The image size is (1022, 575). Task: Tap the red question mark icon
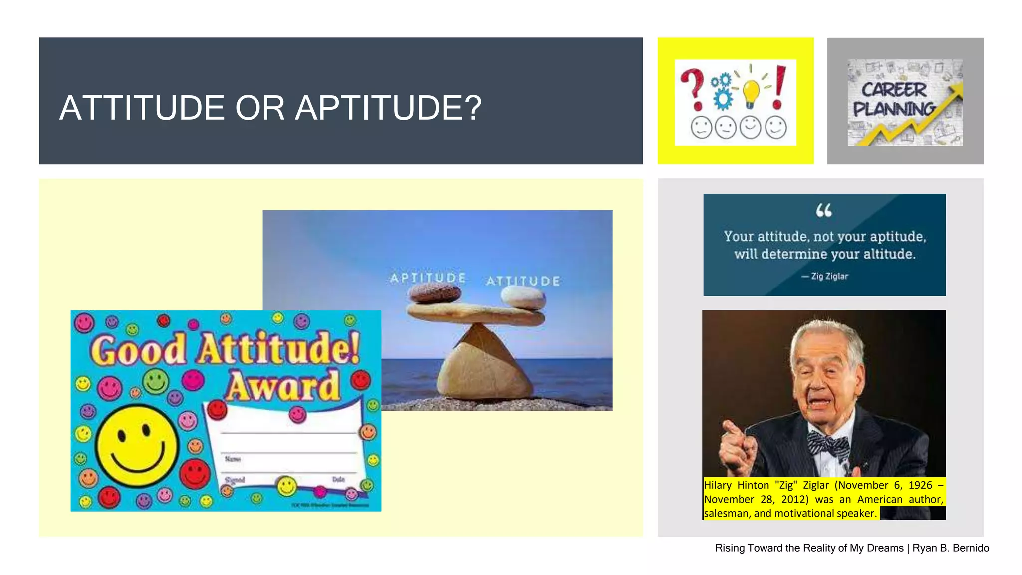[x=694, y=89]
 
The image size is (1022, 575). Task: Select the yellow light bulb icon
[x=751, y=93]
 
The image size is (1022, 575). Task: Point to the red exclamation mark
[x=779, y=88]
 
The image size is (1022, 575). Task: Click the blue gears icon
[x=722, y=91]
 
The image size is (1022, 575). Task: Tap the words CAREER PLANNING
[x=893, y=99]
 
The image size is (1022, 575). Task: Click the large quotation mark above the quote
[x=824, y=211]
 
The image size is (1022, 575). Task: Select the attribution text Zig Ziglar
[x=829, y=276]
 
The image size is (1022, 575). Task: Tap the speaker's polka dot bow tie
[x=828, y=443]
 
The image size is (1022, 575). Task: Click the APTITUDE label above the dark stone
[x=428, y=278]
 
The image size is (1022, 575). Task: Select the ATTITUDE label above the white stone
[x=523, y=281]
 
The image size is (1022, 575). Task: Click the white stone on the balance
[x=523, y=298]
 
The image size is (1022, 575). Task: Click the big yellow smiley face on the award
[x=137, y=442]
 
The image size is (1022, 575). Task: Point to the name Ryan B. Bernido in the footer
[x=951, y=548]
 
